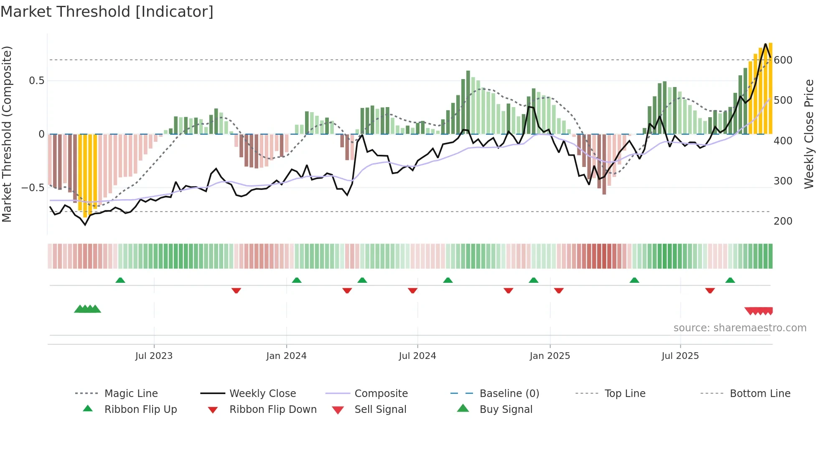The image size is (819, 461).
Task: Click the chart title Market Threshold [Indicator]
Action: (x=107, y=12)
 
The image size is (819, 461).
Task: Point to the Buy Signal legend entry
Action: (x=506, y=410)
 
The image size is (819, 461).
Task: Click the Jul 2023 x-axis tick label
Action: (x=154, y=356)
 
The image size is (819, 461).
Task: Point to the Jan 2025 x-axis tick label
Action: (x=549, y=356)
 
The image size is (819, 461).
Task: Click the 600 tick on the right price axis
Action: (x=783, y=60)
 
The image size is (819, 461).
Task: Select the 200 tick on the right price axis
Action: (x=783, y=221)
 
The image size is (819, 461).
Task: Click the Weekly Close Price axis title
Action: (x=809, y=134)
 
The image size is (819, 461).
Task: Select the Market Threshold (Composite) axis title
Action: (x=7, y=134)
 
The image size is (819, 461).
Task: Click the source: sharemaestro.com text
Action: (x=740, y=328)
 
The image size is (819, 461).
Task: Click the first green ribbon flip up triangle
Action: (x=120, y=280)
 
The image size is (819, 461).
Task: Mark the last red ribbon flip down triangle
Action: (x=710, y=290)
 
